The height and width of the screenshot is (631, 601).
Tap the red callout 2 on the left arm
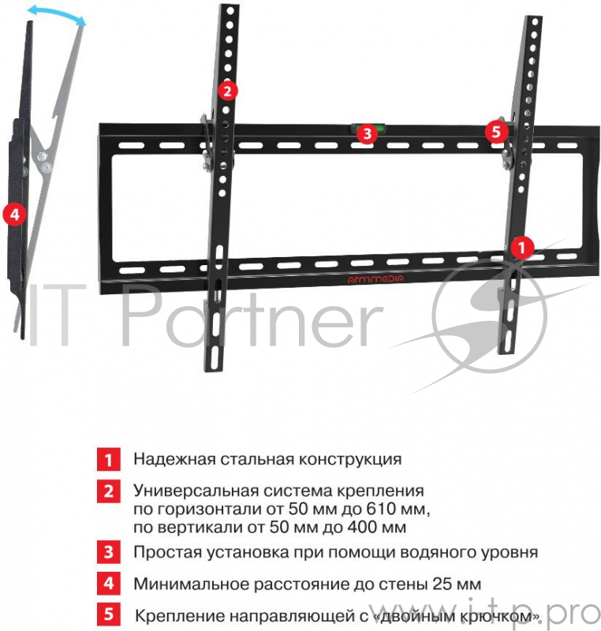click(x=226, y=91)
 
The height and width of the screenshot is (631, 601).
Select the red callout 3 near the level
click(x=364, y=134)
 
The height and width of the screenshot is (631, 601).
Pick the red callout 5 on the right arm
click(x=495, y=132)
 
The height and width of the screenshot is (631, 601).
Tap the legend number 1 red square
click(x=108, y=459)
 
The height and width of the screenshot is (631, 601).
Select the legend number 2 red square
click(x=108, y=491)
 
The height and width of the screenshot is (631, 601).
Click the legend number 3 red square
click(x=108, y=551)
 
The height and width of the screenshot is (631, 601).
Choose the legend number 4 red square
click(x=108, y=584)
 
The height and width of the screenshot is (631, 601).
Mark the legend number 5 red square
click(x=108, y=614)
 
